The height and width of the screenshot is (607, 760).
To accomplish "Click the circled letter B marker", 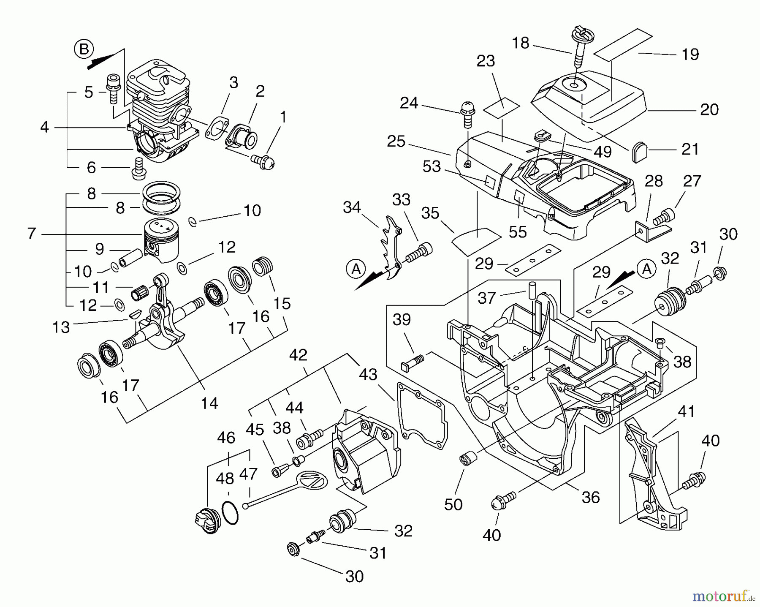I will pyautogui.click(x=84, y=50).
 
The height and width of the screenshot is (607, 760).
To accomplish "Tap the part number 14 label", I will pyautogui.click(x=209, y=403).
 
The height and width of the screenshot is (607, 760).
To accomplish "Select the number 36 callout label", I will pyautogui.click(x=590, y=497).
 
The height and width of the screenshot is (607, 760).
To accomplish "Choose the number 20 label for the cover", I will pyautogui.click(x=709, y=110).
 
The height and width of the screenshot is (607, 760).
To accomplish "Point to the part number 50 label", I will pyautogui.click(x=453, y=504).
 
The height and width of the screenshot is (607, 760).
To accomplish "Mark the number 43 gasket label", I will pyautogui.click(x=368, y=374).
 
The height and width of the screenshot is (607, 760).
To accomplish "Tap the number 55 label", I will pyautogui.click(x=518, y=231).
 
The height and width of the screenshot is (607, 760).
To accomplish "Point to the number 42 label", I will pyautogui.click(x=298, y=355).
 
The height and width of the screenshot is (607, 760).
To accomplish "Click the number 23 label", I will pyautogui.click(x=486, y=61).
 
